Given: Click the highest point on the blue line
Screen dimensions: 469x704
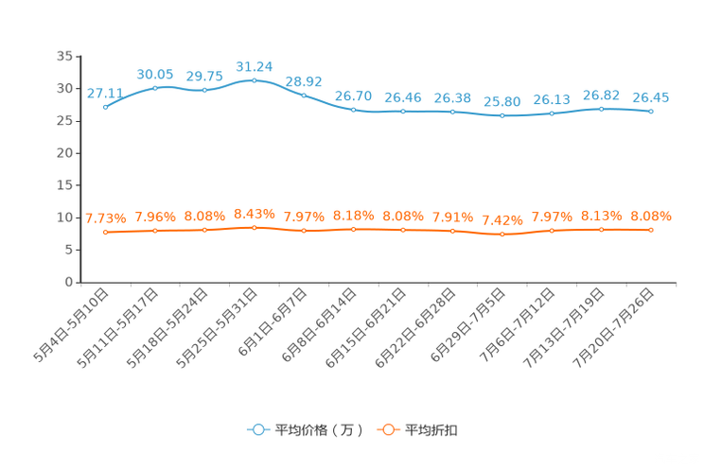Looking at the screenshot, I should (x=254, y=80).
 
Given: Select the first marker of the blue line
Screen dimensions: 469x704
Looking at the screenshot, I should (x=105, y=106).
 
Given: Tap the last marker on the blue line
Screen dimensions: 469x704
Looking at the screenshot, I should (x=651, y=111).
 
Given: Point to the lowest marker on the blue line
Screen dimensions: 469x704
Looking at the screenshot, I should (x=502, y=115).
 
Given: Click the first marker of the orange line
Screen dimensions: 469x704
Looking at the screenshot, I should (x=105, y=232).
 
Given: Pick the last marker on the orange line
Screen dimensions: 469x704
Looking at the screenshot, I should (x=651, y=229).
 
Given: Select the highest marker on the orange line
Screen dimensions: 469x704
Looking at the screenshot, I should (x=254, y=227).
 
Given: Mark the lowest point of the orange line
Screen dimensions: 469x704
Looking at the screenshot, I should (x=502, y=234).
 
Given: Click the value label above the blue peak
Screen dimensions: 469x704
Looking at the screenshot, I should (x=254, y=66).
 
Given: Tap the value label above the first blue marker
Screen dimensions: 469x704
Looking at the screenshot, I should (x=104, y=93).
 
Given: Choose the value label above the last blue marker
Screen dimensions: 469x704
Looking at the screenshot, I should (x=650, y=96).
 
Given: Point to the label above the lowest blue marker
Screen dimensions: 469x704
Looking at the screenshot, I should (x=502, y=101).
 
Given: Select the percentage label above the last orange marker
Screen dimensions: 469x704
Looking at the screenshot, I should (x=650, y=216).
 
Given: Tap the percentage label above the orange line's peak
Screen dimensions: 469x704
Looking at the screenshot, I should (x=254, y=213).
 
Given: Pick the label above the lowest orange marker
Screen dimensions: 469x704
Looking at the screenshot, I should (x=502, y=220).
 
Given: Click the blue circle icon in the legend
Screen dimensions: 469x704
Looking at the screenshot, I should (x=257, y=429).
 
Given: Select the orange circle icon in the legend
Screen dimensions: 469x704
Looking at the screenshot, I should (x=387, y=429).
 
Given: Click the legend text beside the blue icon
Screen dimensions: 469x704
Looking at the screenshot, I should (x=318, y=430).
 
